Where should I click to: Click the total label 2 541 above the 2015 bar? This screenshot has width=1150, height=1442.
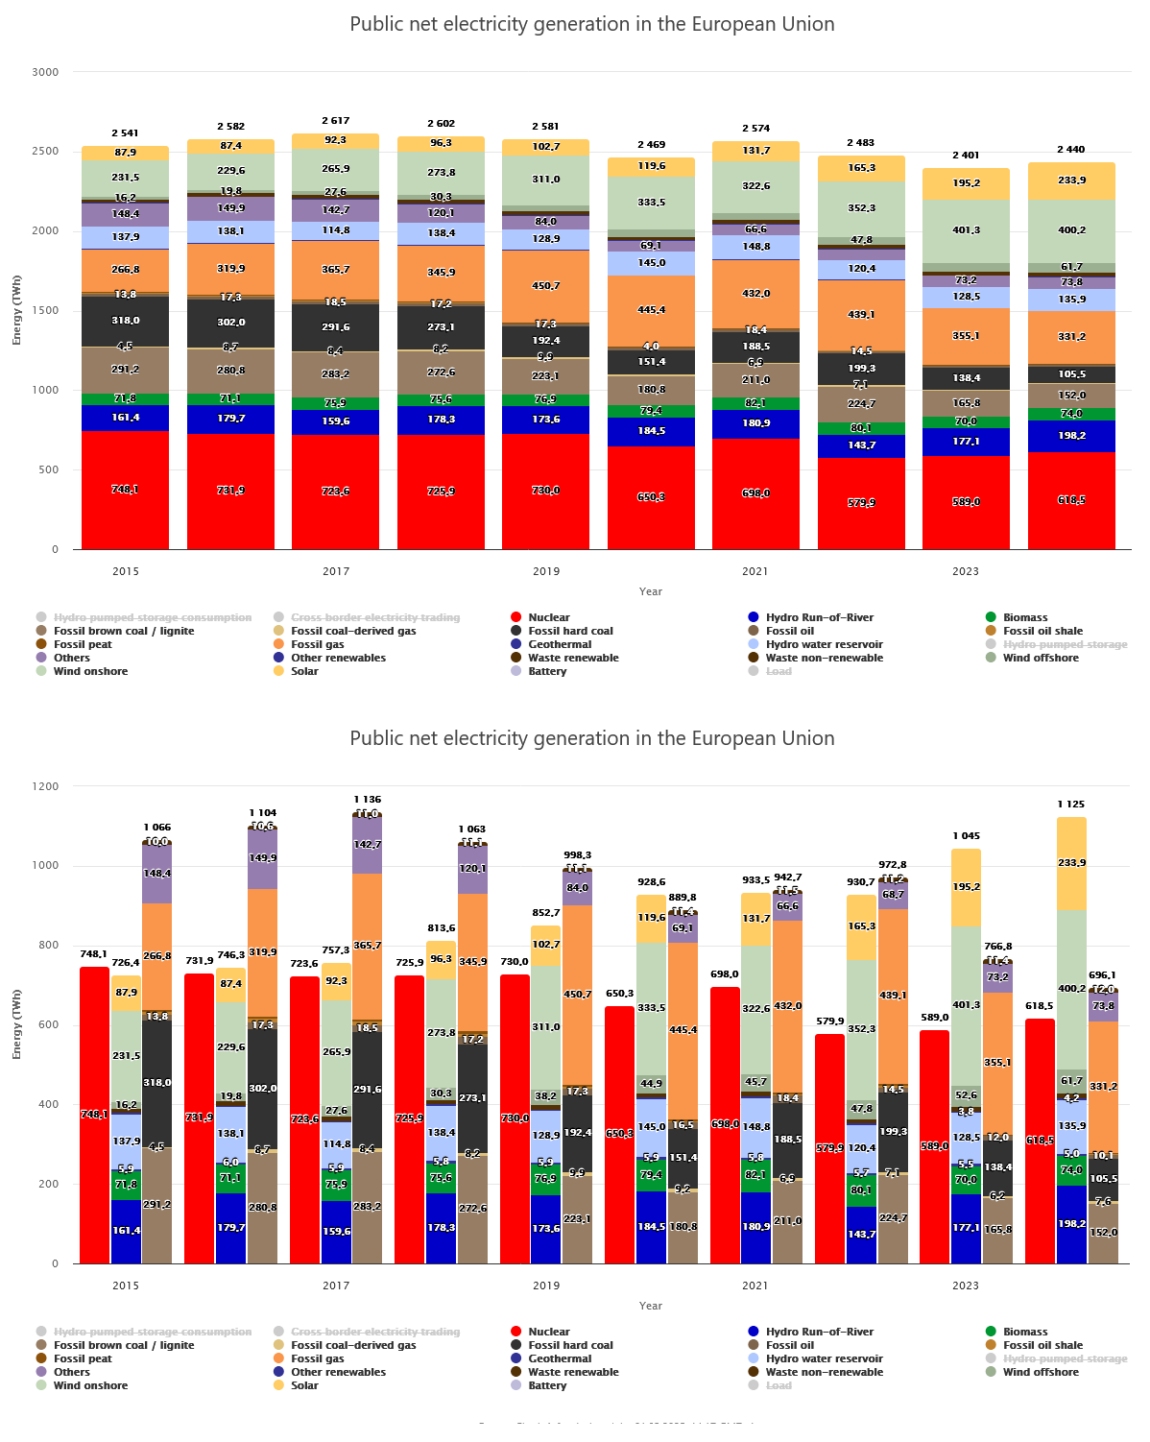(x=125, y=133)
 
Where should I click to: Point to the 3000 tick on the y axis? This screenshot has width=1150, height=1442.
(x=45, y=72)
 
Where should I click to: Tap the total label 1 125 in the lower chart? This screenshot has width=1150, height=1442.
(x=1070, y=805)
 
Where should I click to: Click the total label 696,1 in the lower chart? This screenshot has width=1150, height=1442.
(x=1102, y=975)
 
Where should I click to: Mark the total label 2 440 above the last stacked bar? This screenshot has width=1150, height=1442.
(x=1070, y=150)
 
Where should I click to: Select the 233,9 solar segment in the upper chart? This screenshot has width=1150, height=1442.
(x=1071, y=180)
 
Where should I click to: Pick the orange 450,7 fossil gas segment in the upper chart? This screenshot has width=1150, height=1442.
(x=546, y=286)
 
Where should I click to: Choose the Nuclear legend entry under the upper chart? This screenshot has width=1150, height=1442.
(x=548, y=617)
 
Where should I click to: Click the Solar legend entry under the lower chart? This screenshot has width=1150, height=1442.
(x=304, y=1385)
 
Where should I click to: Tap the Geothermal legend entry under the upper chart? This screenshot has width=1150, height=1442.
(x=560, y=644)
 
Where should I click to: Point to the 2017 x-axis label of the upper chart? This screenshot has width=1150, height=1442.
(x=336, y=571)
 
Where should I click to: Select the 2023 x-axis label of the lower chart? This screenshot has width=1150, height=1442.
(x=966, y=1286)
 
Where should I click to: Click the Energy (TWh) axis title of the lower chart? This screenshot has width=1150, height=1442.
(x=16, y=1024)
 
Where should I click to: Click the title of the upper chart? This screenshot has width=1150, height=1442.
(x=591, y=24)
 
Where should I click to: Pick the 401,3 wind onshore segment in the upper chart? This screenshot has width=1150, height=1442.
(x=966, y=230)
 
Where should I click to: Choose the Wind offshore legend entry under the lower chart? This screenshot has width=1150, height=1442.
(x=1041, y=1372)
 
